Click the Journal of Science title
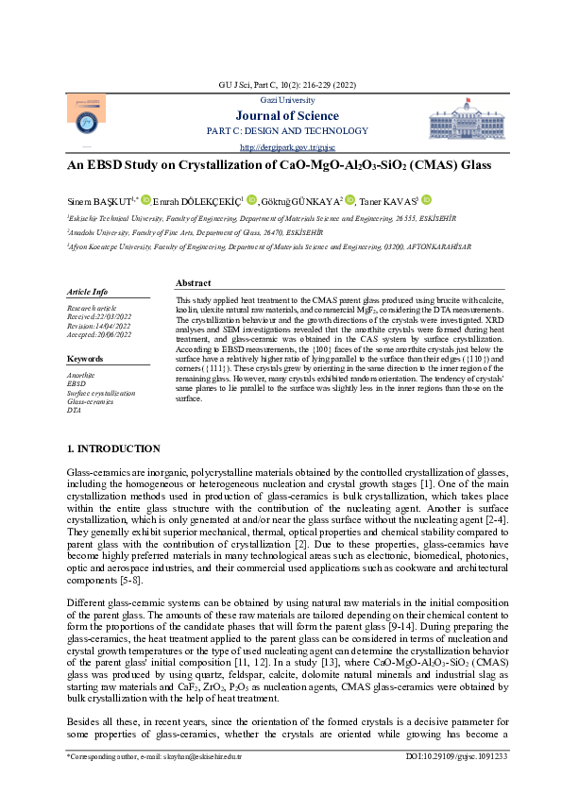pyautogui.click(x=281, y=116)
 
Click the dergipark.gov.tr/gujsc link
pyautogui.click(x=281, y=146)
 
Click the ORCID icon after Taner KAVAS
pyautogui.click(x=426, y=199)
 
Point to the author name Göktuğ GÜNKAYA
pyautogui.click(x=305, y=200)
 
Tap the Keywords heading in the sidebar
pyautogui.click(x=85, y=359)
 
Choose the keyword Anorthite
pyautogui.click(x=82, y=375)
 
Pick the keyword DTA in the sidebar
pyautogui.click(x=74, y=409)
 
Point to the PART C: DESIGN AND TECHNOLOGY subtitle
pyautogui.click(x=281, y=130)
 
